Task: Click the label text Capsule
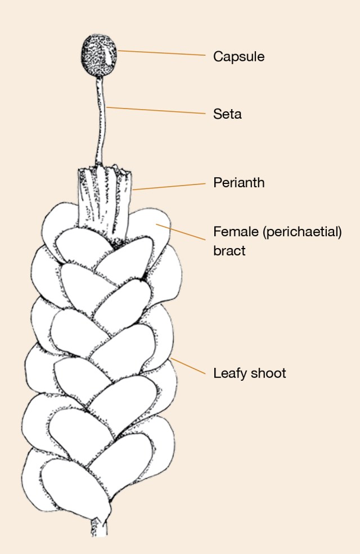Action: [238, 57]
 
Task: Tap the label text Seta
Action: [227, 114]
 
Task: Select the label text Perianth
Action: [238, 183]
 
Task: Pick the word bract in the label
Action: [229, 251]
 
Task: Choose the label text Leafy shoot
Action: [249, 373]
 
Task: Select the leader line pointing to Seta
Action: [157, 111]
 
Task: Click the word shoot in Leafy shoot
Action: [268, 373]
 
